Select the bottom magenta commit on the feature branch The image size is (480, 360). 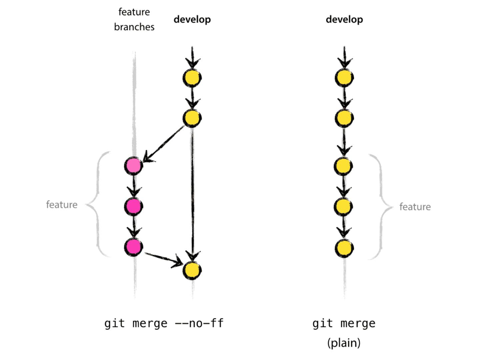pos(133,247)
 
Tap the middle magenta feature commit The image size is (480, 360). pos(133,206)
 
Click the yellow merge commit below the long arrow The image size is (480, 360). pos(192,270)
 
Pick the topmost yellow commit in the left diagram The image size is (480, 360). pos(192,78)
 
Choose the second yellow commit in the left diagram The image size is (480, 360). pos(192,118)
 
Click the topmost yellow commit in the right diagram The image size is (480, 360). pos(344,78)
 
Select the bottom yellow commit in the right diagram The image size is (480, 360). pos(344,248)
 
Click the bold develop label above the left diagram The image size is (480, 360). pos(192,19)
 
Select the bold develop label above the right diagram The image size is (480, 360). pos(344,19)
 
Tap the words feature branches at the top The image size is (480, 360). pos(134,19)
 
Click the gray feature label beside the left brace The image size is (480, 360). pos(62,204)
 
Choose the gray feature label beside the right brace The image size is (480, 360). pos(415,207)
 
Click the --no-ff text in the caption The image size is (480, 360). pos(199,323)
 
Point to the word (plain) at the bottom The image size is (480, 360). pos(344,343)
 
